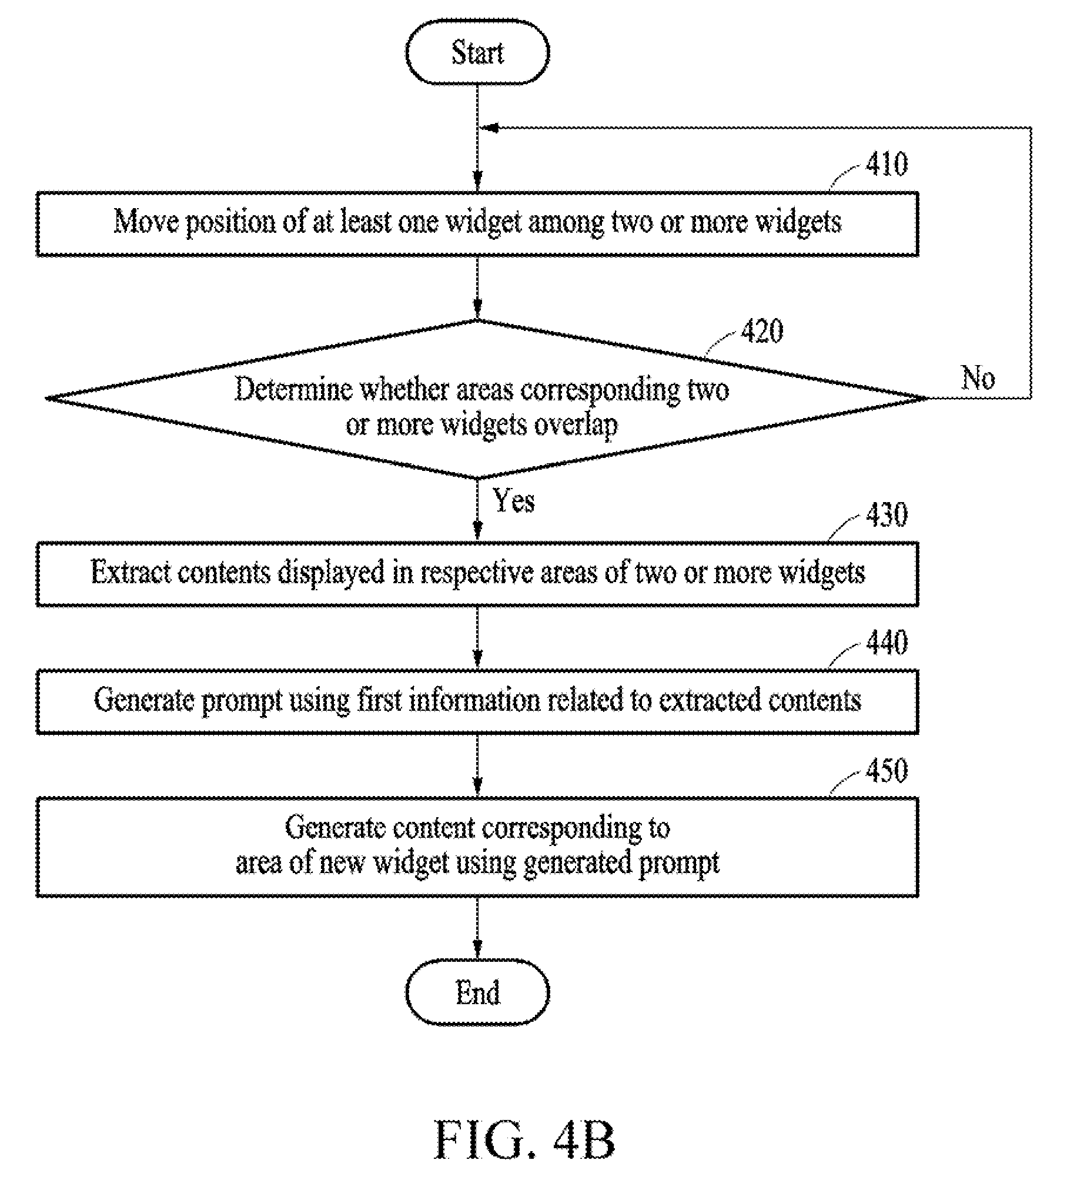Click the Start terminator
(x=477, y=52)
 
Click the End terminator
(x=477, y=992)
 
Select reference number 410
(x=887, y=164)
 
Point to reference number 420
(x=762, y=332)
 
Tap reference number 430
(x=887, y=515)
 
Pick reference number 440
(x=887, y=643)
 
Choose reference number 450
(x=887, y=770)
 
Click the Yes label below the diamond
(x=514, y=501)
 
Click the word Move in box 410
(x=146, y=222)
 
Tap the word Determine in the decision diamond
(x=293, y=389)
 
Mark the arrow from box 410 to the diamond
(x=477, y=288)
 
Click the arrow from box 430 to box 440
(x=477, y=638)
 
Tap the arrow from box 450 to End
(x=477, y=929)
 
